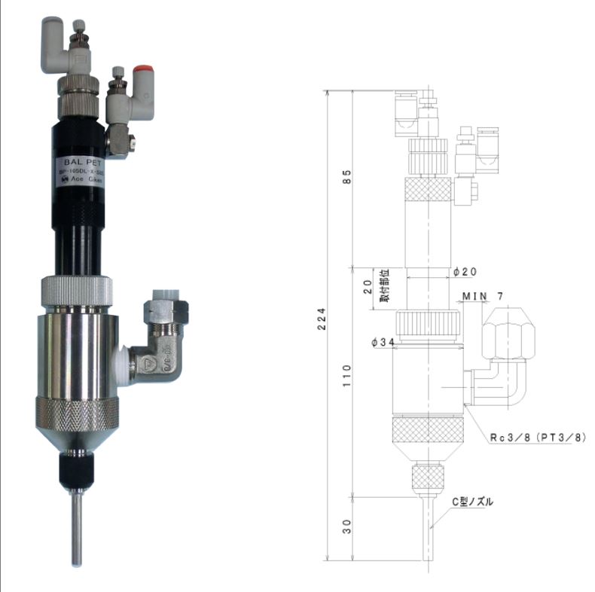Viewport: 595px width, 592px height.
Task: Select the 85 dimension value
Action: click(346, 178)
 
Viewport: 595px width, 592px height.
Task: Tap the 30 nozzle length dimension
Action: click(346, 526)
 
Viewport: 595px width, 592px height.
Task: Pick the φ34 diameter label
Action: click(384, 343)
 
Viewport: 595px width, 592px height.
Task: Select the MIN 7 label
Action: click(487, 294)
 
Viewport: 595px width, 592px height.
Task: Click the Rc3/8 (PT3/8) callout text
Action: click(535, 438)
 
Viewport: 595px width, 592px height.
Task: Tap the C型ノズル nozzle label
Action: click(472, 502)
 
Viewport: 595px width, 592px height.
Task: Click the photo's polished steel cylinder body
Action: click(78, 354)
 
